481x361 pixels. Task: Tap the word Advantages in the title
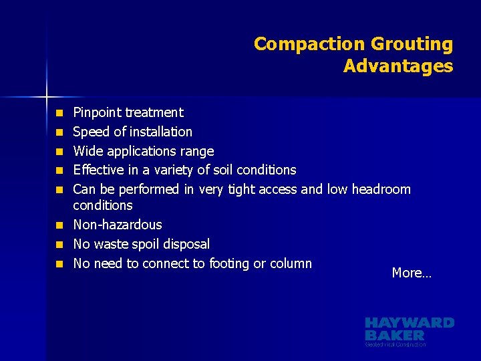click(x=398, y=66)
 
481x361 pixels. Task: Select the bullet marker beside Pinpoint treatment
click(x=59, y=113)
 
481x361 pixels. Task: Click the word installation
click(x=160, y=132)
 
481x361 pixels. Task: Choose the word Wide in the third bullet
click(x=86, y=151)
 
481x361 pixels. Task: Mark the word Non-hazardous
click(x=118, y=225)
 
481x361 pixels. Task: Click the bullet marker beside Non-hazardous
click(x=59, y=225)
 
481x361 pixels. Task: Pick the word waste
click(x=111, y=244)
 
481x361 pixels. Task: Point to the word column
click(x=291, y=263)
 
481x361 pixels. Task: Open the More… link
click(x=412, y=273)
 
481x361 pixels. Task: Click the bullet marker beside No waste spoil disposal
click(x=59, y=245)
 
